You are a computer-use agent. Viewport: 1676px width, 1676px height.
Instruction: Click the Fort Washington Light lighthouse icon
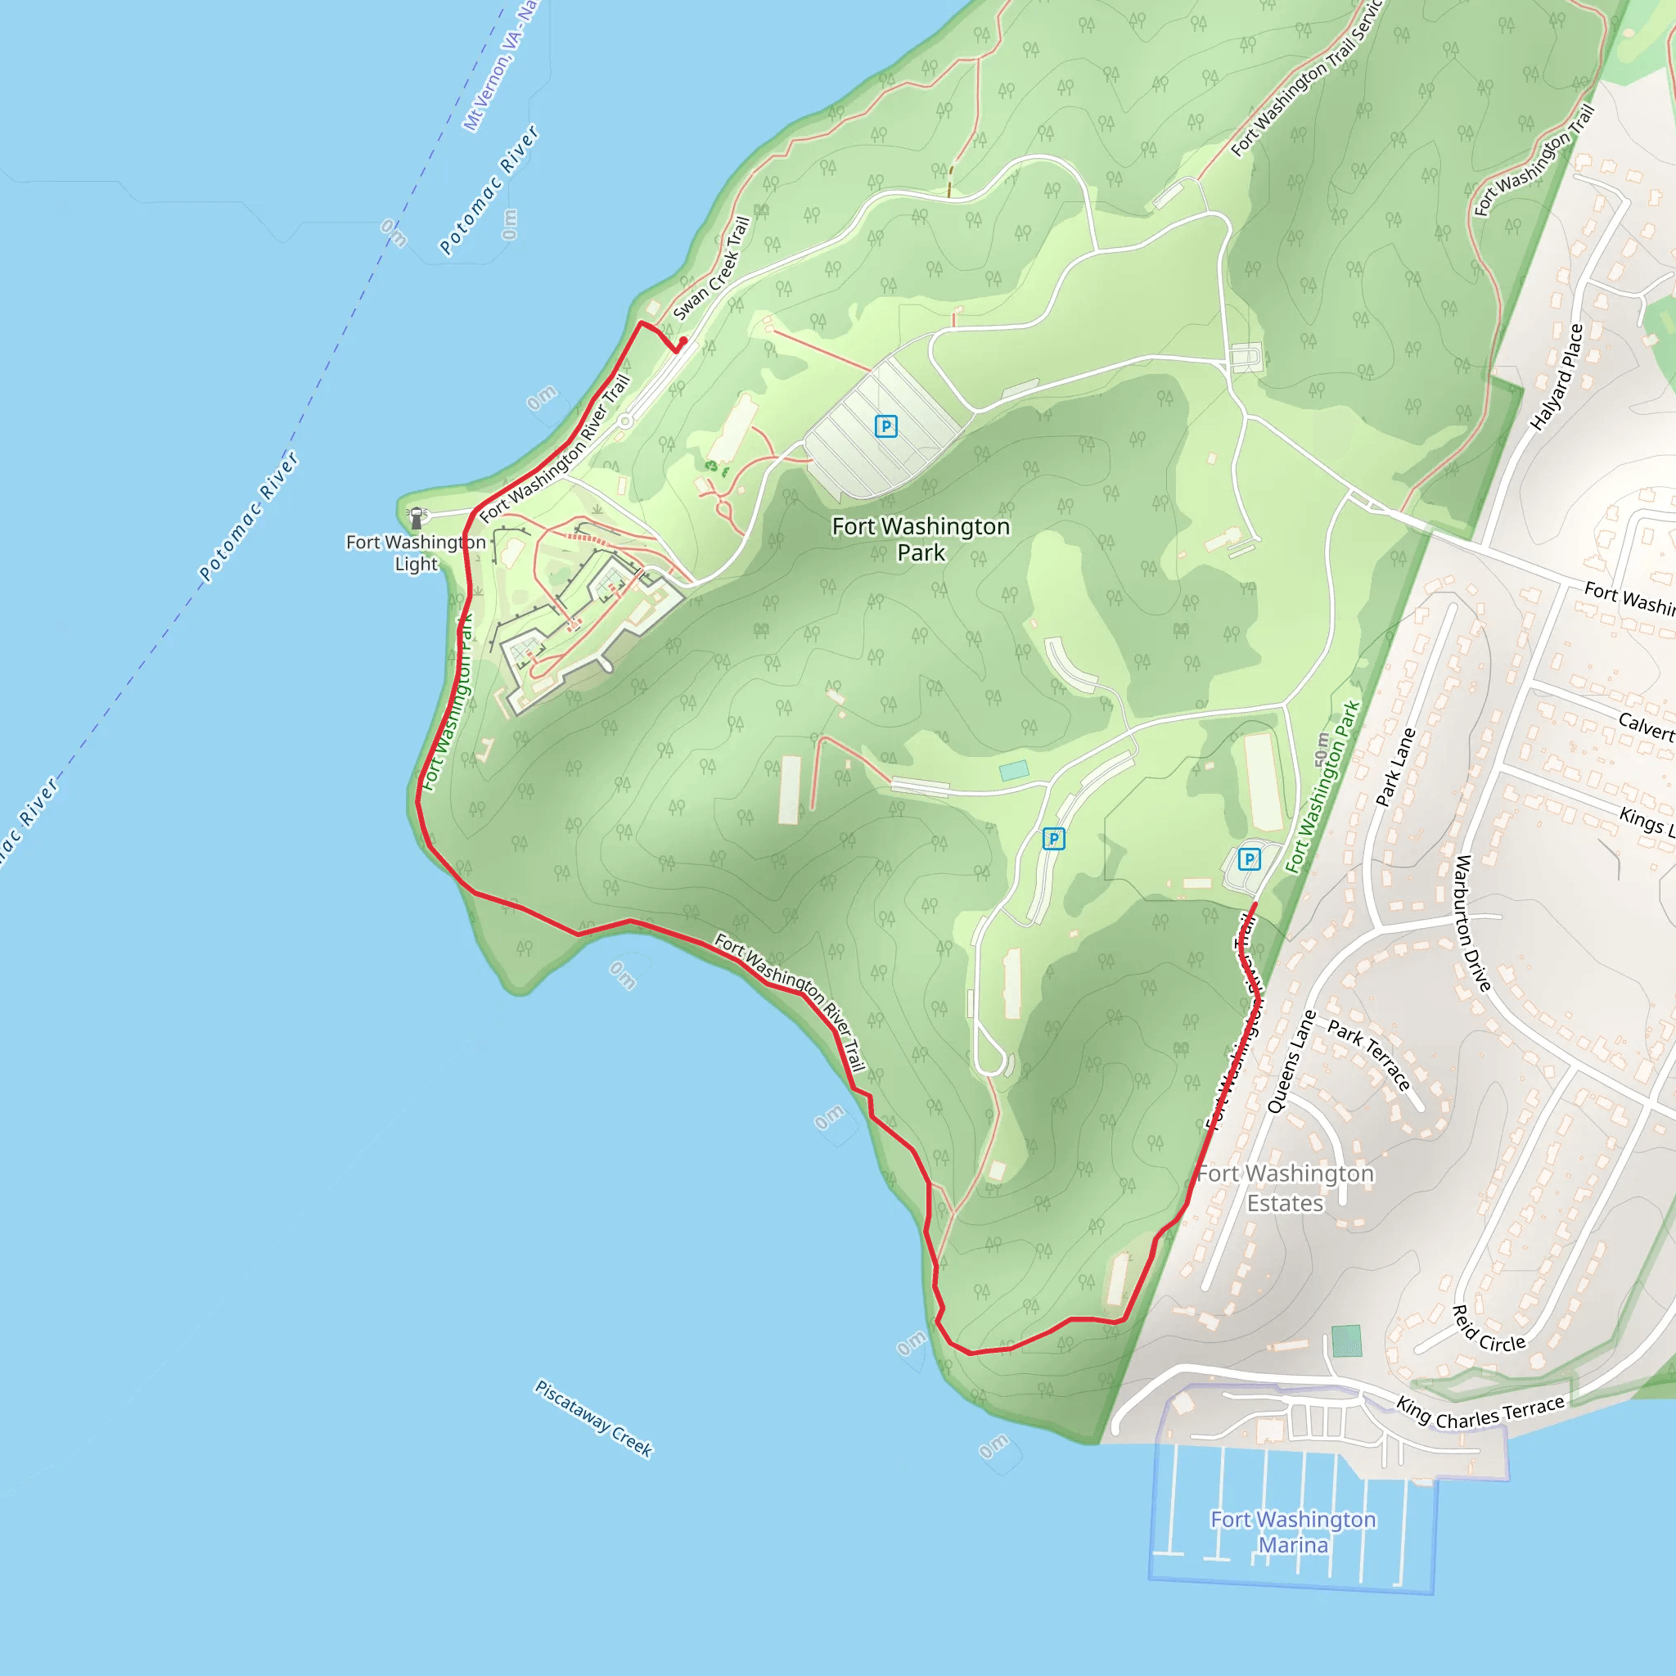(417, 518)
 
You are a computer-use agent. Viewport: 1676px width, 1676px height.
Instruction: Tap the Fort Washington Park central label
(921, 538)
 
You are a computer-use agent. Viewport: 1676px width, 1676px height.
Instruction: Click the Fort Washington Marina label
(1292, 1532)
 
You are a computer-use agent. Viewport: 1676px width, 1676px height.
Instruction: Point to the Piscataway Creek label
(593, 1419)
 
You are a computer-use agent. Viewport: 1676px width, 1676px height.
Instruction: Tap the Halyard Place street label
(1557, 377)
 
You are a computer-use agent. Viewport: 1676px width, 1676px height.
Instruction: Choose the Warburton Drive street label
(1472, 923)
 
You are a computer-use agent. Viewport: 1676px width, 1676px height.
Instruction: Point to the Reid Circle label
(1489, 1329)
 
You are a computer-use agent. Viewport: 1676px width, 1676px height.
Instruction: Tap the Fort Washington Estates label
(1285, 1188)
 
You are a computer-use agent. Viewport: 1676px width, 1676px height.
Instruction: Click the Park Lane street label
(1396, 767)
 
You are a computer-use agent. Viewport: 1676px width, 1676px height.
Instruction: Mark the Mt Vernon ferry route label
(502, 68)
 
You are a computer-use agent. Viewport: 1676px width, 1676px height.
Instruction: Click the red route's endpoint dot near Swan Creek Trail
(683, 342)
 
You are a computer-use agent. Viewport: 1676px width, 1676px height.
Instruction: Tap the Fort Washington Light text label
(416, 552)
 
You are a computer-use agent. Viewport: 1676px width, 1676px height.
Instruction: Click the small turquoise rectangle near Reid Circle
(1345, 1340)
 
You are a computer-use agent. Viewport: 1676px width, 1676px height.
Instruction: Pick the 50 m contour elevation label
(1321, 750)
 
